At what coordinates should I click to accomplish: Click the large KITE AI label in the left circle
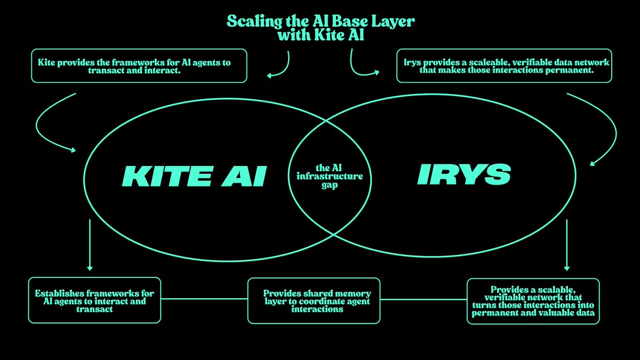(x=194, y=176)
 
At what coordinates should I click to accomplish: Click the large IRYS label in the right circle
(x=463, y=174)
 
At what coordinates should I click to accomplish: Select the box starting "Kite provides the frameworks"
(x=139, y=66)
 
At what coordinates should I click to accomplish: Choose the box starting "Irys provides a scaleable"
(x=504, y=66)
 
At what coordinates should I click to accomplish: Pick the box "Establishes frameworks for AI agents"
(x=94, y=300)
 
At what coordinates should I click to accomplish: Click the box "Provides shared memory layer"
(x=314, y=301)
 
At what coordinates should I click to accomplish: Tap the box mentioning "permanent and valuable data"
(x=533, y=301)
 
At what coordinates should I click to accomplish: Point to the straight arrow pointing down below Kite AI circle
(x=90, y=245)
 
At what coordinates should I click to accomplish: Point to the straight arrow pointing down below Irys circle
(x=566, y=245)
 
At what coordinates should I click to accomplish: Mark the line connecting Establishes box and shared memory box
(x=204, y=299)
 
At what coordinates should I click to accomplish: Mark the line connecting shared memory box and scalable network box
(x=423, y=299)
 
